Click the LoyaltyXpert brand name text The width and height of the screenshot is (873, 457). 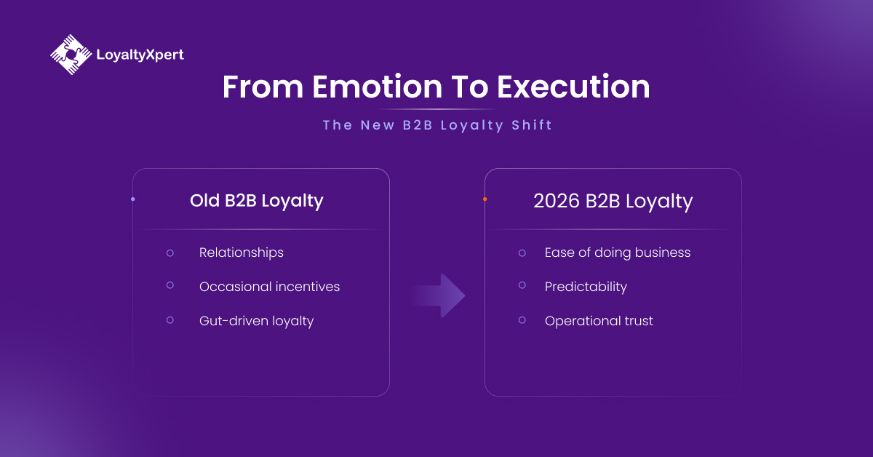pos(140,55)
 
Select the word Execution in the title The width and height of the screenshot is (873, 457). pos(573,87)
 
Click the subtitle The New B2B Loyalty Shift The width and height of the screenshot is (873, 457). pos(437,125)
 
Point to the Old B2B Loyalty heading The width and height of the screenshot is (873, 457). pos(257,201)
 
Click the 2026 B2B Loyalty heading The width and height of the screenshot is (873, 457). pos(613,201)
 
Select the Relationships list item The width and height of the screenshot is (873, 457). pos(241,253)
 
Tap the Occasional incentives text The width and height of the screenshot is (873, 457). pos(269,287)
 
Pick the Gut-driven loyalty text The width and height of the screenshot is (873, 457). pos(256,321)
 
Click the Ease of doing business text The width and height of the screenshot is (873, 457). pos(617,253)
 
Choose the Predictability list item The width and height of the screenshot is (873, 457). pos(586,287)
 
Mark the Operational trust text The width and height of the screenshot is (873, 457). pos(599,321)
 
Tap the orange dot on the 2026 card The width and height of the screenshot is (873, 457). pos(485,199)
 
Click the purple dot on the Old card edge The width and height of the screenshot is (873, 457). pos(132,199)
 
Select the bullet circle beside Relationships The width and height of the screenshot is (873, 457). pos(170,253)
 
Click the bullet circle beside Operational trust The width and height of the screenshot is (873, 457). pos(522,320)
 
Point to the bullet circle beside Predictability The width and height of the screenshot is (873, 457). pos(522,286)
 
